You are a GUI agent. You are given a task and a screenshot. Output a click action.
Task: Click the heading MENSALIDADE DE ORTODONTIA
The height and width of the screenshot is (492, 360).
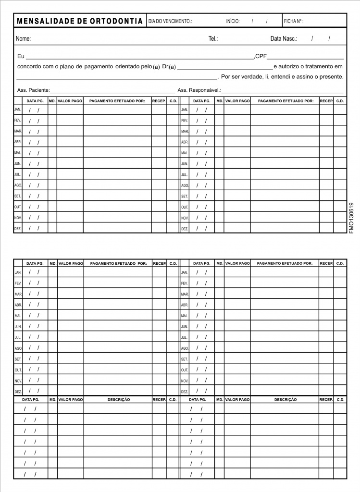point(80,21)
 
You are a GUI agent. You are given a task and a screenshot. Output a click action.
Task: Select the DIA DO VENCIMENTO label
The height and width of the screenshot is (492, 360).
point(170,22)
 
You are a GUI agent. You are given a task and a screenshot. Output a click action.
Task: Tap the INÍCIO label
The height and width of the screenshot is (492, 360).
point(233,22)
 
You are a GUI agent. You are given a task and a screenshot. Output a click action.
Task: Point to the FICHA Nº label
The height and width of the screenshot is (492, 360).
point(293,22)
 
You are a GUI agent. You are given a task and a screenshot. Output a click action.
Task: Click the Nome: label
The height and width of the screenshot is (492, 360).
point(24,38)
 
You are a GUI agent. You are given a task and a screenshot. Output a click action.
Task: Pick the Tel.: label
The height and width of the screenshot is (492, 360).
point(213,38)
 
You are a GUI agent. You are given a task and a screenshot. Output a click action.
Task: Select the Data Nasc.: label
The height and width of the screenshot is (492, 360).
point(284,38)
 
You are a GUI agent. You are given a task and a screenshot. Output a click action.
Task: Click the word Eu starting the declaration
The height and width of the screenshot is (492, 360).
point(21,56)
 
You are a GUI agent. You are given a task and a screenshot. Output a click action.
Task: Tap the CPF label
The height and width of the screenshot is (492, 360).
point(261,56)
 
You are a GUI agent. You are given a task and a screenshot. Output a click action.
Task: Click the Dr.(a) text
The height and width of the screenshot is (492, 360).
point(169,66)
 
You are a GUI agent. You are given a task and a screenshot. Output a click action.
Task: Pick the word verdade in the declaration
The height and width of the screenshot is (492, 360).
point(253,77)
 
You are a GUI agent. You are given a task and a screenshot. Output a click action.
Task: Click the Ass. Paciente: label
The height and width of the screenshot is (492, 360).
point(33,90)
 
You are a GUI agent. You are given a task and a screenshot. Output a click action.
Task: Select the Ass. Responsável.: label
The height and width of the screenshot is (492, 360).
point(199,90)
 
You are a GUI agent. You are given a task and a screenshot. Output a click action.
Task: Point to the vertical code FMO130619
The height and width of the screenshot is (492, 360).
point(352,217)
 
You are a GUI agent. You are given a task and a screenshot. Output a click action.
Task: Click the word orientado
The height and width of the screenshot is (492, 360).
point(127,66)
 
